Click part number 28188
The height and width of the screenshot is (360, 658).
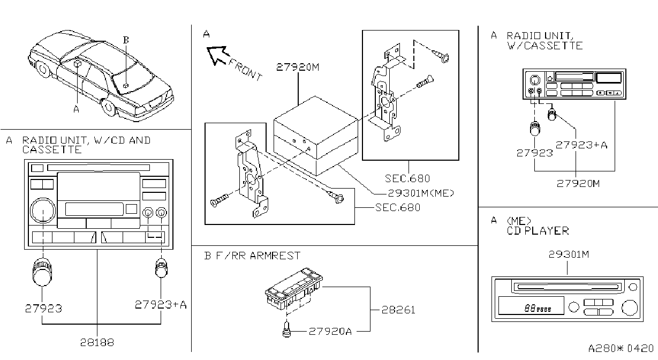click(x=97, y=342)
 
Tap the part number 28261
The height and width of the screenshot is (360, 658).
click(x=398, y=310)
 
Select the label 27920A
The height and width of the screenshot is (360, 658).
click(x=330, y=332)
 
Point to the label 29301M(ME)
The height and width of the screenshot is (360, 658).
click(x=421, y=193)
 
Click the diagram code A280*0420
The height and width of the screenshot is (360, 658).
click(x=621, y=348)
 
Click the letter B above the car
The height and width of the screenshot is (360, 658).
click(x=126, y=40)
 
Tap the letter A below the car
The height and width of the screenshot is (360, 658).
click(x=77, y=109)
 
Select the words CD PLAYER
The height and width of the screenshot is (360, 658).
click(x=538, y=231)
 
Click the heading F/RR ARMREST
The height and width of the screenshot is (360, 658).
click(x=258, y=256)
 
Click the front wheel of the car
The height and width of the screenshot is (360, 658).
click(x=108, y=107)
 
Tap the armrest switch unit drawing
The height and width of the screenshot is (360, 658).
click(x=293, y=288)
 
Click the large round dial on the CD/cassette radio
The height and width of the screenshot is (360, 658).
click(x=43, y=211)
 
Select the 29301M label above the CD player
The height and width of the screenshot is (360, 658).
click(x=569, y=254)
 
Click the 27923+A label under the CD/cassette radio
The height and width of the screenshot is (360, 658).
click(x=161, y=305)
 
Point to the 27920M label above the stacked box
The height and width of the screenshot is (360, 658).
click(x=298, y=67)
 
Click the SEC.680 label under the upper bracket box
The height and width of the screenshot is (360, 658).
click(x=407, y=178)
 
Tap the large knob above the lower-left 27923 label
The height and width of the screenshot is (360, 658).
click(x=42, y=272)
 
